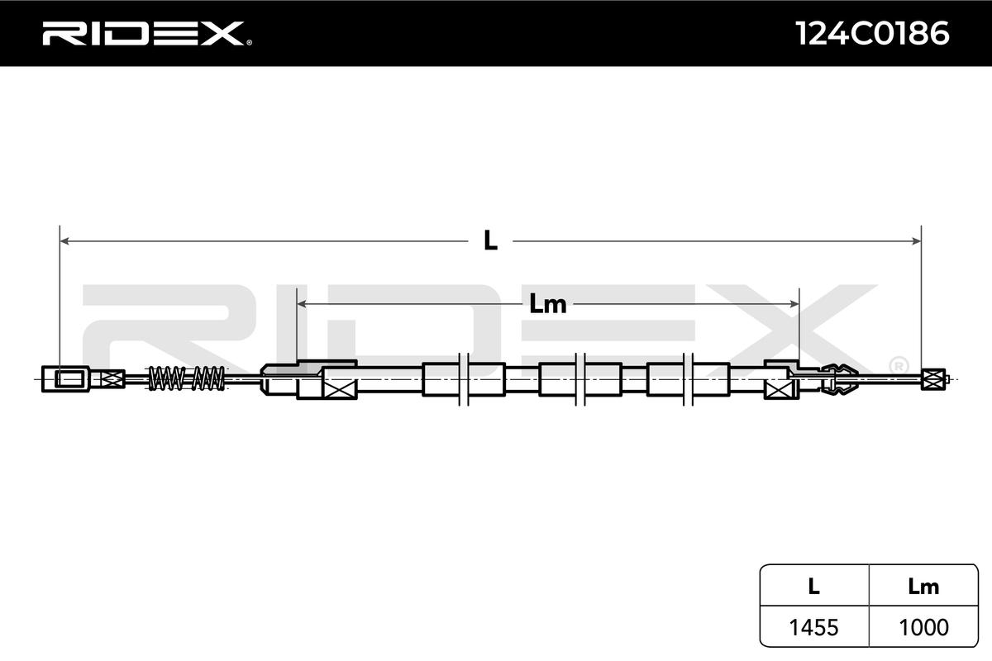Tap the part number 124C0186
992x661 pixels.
[871, 34]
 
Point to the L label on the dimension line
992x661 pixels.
[491, 240]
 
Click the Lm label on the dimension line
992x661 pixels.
[547, 304]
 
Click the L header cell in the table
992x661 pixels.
[813, 587]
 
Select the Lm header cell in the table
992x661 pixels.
[923, 587]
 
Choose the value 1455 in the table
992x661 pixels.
[813, 627]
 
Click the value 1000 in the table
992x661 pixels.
[923, 627]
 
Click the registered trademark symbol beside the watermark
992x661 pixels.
[898, 364]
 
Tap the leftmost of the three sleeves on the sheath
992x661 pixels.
[462, 379]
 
